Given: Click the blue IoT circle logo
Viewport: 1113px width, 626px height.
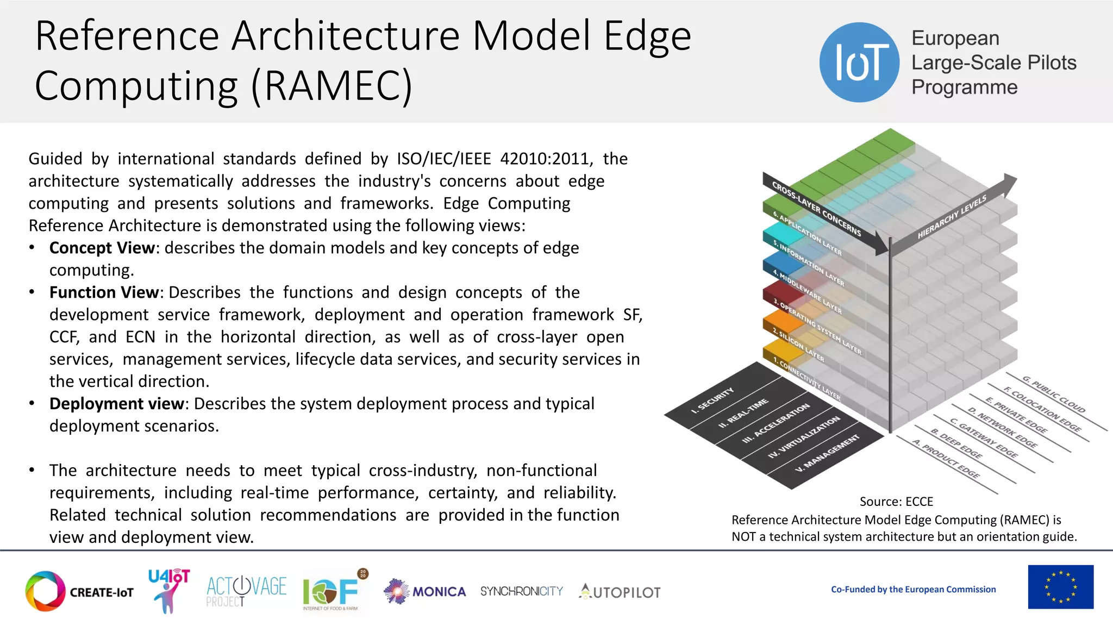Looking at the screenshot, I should tap(859, 62).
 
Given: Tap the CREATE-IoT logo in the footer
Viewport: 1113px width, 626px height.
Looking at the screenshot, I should tap(79, 591).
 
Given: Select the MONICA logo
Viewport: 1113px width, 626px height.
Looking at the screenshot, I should tap(425, 591).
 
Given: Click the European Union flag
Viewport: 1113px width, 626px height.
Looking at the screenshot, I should tap(1060, 587).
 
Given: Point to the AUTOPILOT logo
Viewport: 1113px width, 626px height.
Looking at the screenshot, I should tap(620, 592).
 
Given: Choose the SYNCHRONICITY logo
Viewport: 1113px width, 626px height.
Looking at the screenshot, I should tap(521, 591).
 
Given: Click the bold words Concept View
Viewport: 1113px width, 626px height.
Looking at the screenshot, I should tap(102, 248).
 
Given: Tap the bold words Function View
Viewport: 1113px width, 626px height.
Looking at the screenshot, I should tap(104, 292).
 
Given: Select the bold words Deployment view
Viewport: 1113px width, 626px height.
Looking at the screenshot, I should tap(116, 404).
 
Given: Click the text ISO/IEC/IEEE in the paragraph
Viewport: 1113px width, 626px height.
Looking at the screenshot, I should tap(443, 159).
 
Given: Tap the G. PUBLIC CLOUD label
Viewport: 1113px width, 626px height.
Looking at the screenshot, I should tap(1053, 394).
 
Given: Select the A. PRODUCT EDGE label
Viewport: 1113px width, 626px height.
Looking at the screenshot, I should tap(946, 459).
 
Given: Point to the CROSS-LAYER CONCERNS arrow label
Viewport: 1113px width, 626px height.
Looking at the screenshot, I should tap(816, 209).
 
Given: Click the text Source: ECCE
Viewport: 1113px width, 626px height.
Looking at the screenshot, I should tap(896, 501).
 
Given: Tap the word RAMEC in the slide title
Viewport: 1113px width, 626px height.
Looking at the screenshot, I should tap(332, 86).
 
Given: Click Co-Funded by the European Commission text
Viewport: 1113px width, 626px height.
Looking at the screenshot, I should tap(913, 589).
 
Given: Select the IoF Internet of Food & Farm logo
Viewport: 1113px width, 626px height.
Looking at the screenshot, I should tap(332, 591).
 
